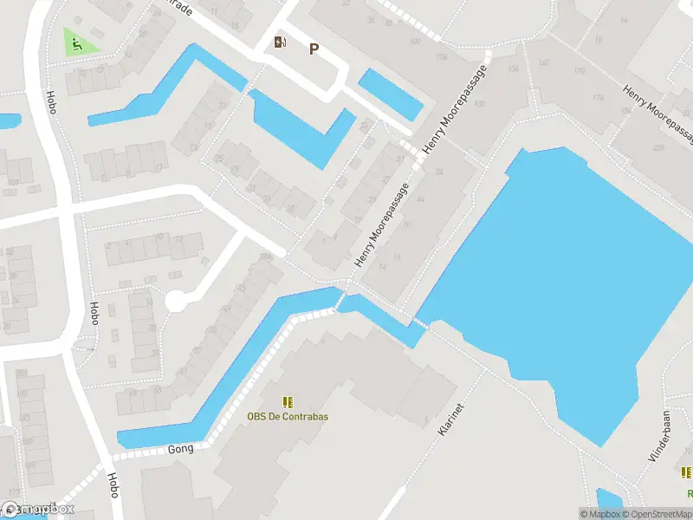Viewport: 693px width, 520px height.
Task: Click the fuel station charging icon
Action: (x=280, y=42)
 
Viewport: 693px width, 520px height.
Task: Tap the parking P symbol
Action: (x=314, y=49)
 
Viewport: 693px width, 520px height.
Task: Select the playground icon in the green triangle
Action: (x=78, y=43)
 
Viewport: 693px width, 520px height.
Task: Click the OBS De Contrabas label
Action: (x=288, y=416)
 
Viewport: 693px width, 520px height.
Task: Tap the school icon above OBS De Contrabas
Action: (x=288, y=401)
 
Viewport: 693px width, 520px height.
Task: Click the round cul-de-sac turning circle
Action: (x=176, y=301)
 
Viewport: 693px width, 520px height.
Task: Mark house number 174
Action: (x=598, y=98)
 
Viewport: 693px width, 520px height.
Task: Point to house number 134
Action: (x=514, y=68)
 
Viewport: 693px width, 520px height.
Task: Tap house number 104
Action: (x=443, y=57)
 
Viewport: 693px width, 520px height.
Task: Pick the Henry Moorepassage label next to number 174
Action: (x=657, y=108)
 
